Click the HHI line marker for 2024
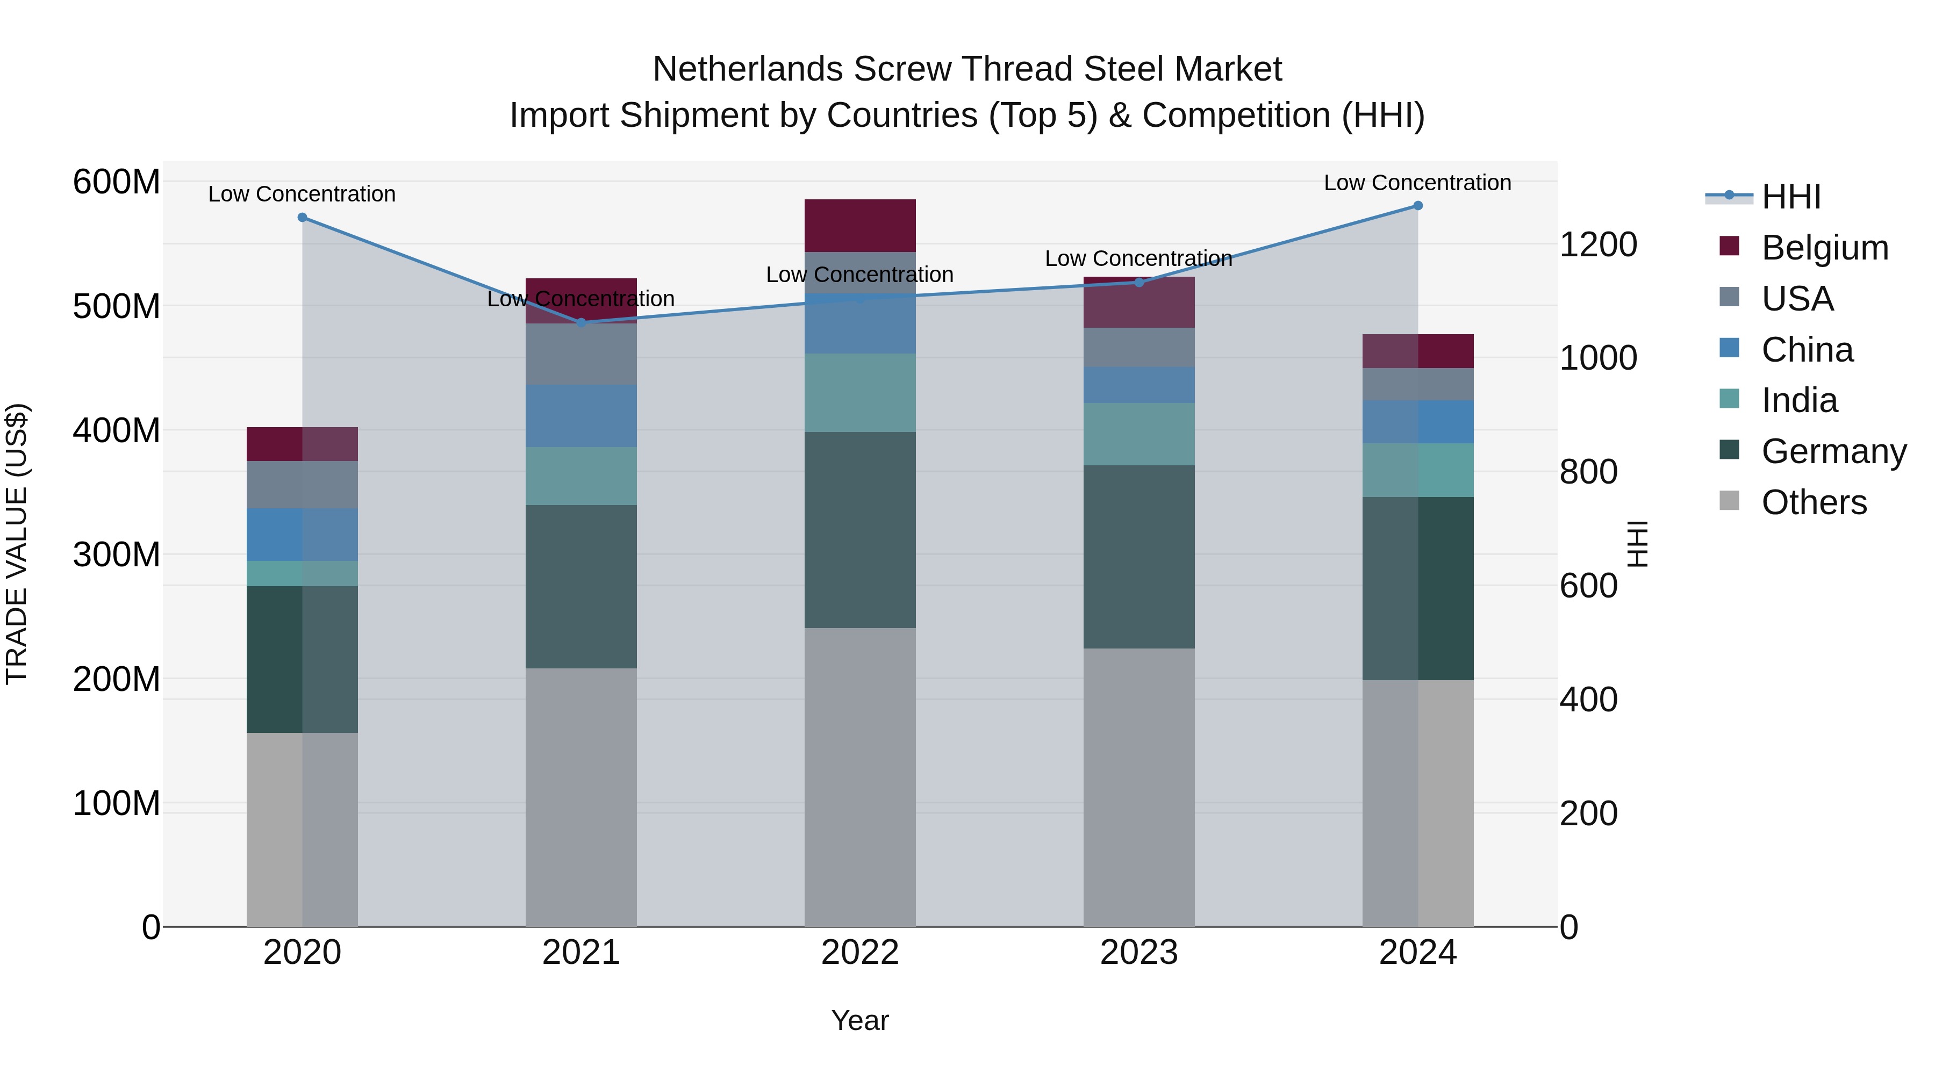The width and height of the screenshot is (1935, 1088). click(1417, 206)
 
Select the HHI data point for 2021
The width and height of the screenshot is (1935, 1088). click(580, 322)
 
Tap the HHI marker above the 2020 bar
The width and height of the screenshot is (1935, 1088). click(302, 217)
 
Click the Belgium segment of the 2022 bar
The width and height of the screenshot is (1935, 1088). click(860, 225)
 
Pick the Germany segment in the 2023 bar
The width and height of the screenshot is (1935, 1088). click(1139, 557)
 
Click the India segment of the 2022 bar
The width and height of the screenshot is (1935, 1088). click(860, 392)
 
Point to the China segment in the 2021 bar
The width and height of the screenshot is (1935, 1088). click(580, 415)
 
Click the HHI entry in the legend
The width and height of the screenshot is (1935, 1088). click(1791, 197)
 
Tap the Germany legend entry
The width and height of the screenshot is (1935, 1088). click(1833, 451)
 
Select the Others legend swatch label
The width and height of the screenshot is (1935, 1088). click(1814, 502)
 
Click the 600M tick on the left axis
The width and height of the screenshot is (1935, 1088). click(117, 183)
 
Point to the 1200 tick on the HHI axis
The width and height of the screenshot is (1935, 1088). click(1598, 245)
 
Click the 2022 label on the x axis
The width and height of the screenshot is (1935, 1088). click(860, 953)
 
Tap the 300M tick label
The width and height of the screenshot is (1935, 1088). click(117, 555)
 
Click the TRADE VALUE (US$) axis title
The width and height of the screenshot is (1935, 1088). click(17, 544)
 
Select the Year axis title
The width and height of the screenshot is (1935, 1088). click(860, 1020)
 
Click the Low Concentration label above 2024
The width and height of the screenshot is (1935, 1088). click(1417, 183)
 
